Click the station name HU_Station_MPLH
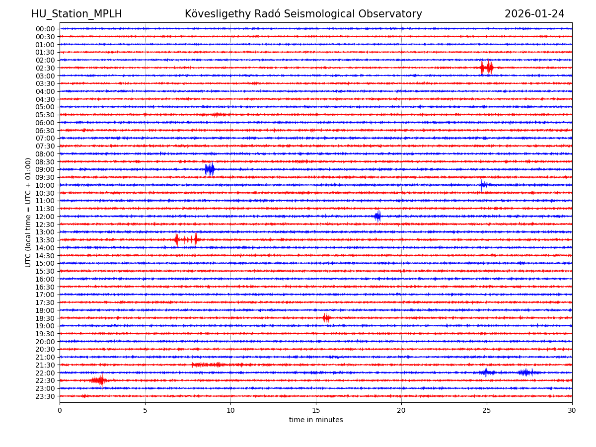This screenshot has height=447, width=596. pos(76,14)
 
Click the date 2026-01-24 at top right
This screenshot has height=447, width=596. pos(534,14)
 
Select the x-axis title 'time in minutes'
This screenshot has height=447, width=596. pos(316,420)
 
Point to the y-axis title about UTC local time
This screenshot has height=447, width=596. pos(28,212)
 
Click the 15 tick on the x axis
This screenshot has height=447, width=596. pos(316,411)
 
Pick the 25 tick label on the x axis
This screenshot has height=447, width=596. pos(487,411)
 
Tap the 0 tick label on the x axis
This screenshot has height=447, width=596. pos(60,411)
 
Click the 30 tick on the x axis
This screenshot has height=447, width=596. pos(572,411)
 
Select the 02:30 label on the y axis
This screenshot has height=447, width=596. pos(45,68)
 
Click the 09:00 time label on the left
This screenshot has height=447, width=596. pos(45,169)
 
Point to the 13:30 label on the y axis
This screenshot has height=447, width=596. pos(45,240)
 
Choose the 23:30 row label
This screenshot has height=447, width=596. pos(45,396)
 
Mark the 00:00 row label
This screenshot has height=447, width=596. pos(45,29)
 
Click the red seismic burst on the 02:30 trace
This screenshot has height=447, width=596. pos(487,67)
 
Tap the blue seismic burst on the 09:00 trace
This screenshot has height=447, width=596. pos(210,169)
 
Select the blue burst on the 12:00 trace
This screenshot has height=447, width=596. pos(377,216)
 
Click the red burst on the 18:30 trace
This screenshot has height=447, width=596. pos(326,318)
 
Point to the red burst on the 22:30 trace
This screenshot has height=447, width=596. pos(99,380)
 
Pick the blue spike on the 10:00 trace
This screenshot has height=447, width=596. pos(482,185)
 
